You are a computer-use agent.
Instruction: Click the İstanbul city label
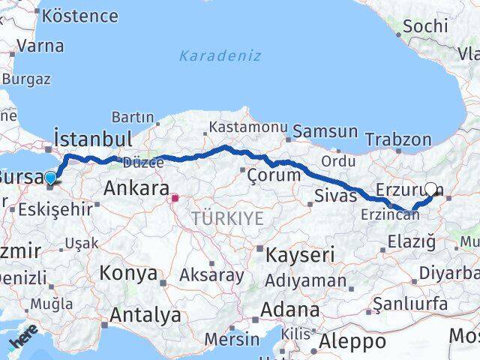[x=93, y=139]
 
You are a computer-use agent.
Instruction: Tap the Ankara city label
[x=135, y=187]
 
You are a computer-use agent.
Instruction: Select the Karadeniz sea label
[x=220, y=55]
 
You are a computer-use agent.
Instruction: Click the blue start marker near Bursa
[x=50, y=178]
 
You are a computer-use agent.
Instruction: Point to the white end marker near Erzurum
[x=431, y=189]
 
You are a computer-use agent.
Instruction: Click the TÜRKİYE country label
[x=227, y=218]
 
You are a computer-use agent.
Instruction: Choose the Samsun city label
[x=325, y=131]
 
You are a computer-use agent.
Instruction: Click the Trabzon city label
[x=398, y=139]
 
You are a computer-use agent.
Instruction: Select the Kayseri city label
[x=301, y=255]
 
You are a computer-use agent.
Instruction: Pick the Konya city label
[x=128, y=272]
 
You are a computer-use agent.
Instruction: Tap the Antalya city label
[x=145, y=315]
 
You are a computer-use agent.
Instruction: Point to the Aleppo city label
[x=352, y=342]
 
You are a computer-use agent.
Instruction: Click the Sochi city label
[x=425, y=26]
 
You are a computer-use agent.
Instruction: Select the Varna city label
[x=40, y=46]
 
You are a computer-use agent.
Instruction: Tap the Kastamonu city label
[x=248, y=128]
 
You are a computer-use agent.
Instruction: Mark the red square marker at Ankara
[x=175, y=199]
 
